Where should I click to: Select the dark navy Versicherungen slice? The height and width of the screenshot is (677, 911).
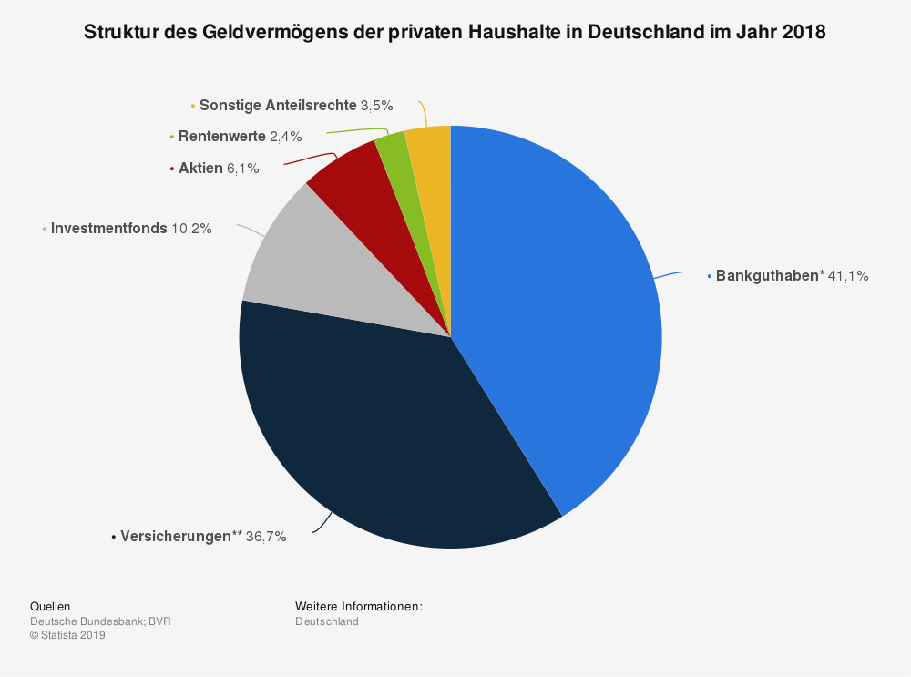point(383,437)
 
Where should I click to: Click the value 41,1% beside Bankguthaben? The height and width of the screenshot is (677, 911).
point(848,276)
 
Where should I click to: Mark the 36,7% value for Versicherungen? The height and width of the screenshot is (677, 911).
point(266,537)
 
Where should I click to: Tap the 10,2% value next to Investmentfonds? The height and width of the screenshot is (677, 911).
point(191,229)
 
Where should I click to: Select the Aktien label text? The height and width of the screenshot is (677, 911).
point(200,168)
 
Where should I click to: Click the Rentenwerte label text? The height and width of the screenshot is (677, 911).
point(221,137)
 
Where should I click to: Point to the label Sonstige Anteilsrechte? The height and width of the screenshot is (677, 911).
point(278,106)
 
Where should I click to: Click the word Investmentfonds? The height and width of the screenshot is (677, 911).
point(108,229)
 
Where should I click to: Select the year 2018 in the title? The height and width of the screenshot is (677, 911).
point(804,32)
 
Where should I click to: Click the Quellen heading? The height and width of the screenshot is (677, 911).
point(50,606)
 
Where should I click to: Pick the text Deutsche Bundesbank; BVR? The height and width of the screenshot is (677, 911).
point(100,621)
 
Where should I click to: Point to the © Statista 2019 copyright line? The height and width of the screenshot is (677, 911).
point(67,636)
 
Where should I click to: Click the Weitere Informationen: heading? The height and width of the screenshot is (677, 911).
point(358,606)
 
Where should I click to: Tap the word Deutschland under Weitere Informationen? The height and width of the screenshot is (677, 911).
point(326,621)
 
